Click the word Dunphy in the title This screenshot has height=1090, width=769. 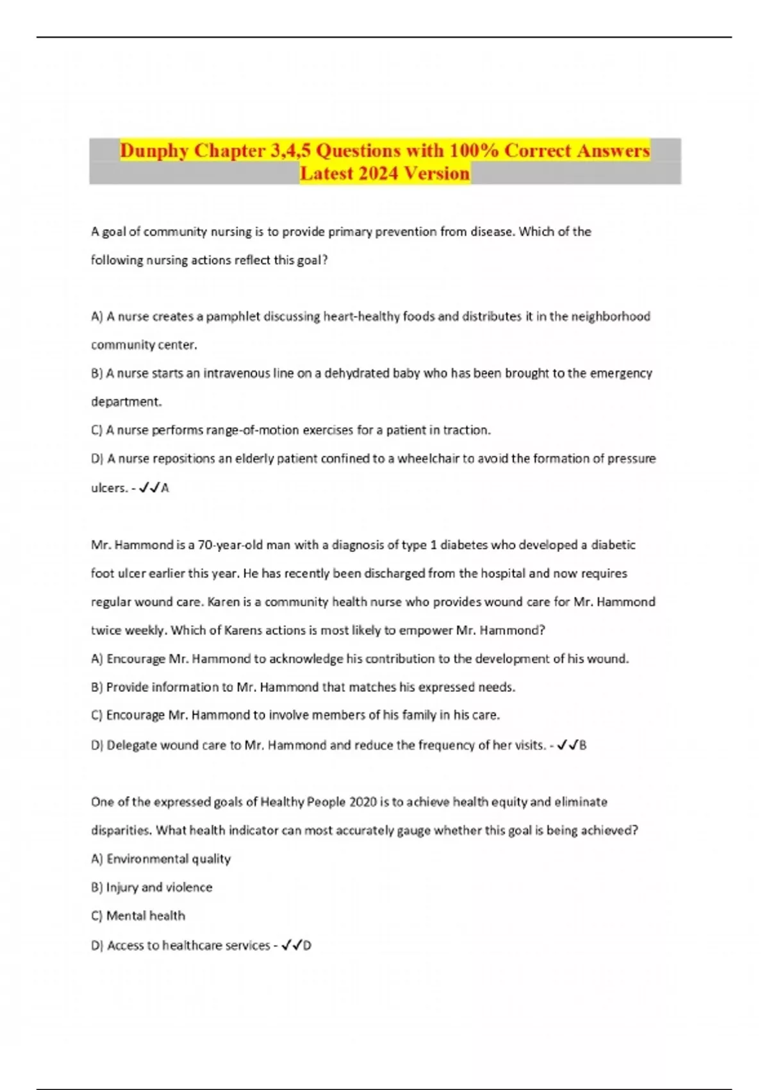click(154, 151)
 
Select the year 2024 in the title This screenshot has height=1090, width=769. click(377, 173)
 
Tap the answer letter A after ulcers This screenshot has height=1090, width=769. click(165, 488)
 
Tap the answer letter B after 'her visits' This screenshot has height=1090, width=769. click(583, 745)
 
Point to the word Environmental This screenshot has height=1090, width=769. click(147, 859)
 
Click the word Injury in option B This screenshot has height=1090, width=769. click(122, 887)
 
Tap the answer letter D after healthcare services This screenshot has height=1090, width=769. click(307, 945)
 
